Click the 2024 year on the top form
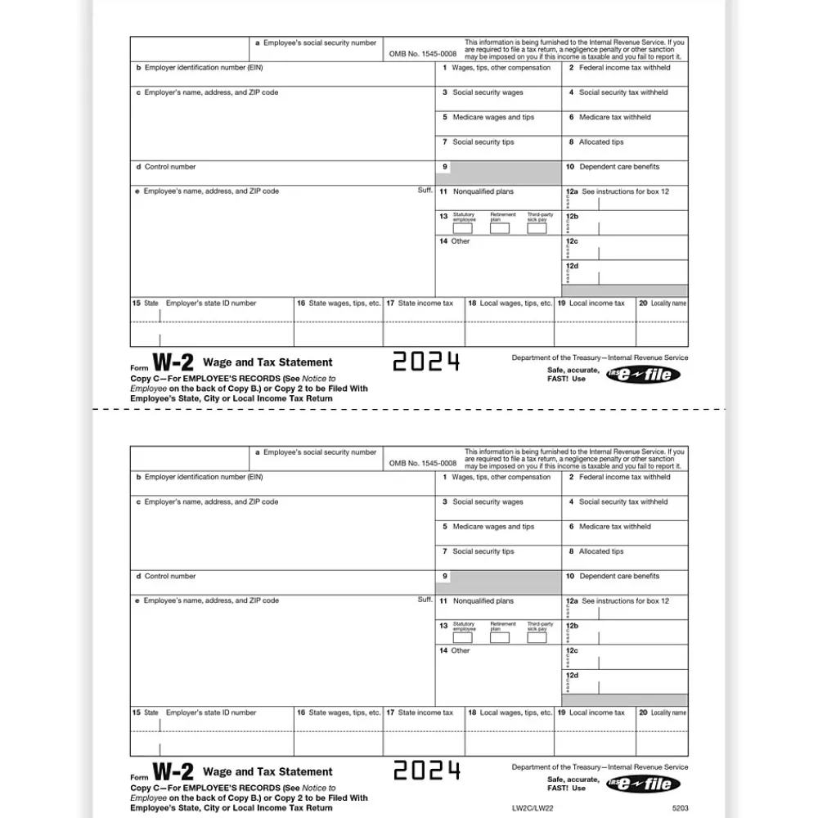426,362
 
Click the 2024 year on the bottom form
426,771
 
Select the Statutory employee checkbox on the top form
463,228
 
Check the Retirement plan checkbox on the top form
500,228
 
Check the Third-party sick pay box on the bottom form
537,637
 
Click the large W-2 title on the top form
173,362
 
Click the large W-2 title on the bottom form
173,771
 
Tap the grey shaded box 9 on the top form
502,173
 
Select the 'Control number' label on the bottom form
170,576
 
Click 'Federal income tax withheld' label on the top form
624,68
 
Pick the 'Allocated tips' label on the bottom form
601,551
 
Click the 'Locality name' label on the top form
668,303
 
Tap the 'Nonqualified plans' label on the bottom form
483,601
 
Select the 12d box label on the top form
572,266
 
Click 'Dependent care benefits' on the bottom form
619,576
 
